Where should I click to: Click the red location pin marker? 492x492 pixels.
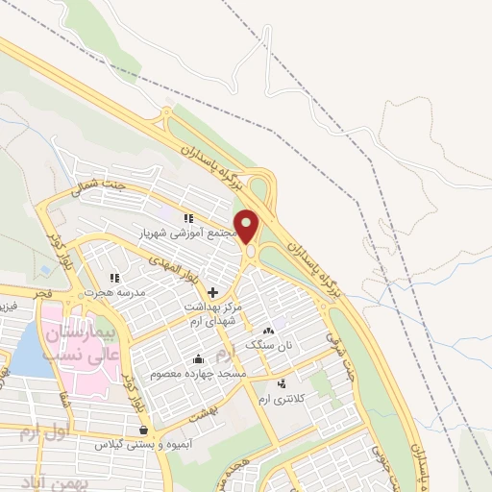point(248,227)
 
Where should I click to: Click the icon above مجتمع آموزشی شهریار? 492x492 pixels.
point(189,218)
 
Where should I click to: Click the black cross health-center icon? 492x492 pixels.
point(212,291)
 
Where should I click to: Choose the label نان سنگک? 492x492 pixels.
point(266,343)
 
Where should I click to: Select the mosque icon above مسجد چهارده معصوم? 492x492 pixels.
point(198,359)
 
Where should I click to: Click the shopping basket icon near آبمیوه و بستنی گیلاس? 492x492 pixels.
point(143,430)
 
